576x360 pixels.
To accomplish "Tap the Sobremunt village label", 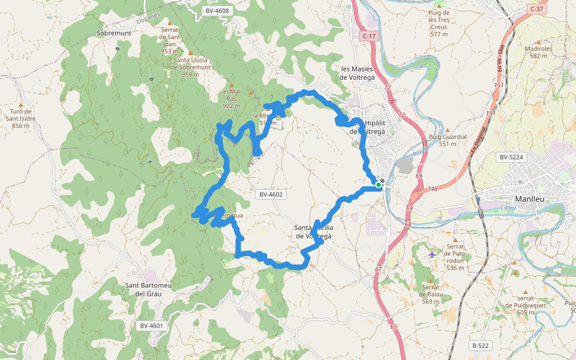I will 113,33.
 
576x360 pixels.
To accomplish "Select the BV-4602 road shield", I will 271,194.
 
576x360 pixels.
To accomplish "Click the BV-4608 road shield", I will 217,11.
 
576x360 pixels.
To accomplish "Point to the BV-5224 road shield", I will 511,157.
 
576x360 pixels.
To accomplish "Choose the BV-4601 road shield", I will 151,326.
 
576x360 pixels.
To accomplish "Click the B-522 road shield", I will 481,346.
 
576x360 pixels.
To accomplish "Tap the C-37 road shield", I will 537,9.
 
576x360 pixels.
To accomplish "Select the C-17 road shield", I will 370,37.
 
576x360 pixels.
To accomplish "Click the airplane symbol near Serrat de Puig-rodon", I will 433,254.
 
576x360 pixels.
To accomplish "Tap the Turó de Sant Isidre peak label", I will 21,118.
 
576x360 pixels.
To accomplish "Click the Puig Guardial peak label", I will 448,140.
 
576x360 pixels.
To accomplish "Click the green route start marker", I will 379,185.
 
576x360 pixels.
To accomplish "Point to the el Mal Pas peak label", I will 231,98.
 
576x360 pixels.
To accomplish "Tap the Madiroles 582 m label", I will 538,52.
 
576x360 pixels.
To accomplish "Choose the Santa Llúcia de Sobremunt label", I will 190,64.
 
